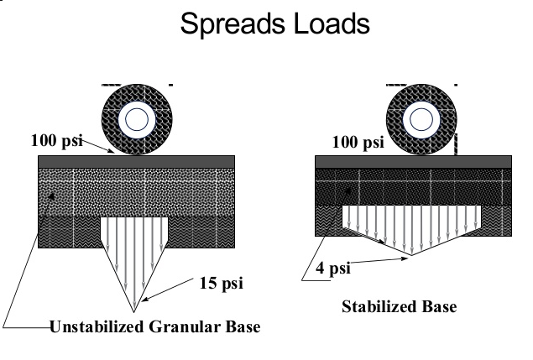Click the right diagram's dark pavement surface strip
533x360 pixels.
(412, 161)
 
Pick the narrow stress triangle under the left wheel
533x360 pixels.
(133, 252)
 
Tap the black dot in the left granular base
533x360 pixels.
(55, 196)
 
